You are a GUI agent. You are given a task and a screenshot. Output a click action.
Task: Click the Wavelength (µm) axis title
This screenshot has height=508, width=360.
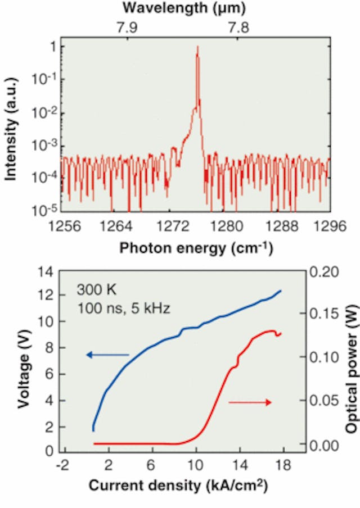tap(184, 8)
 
